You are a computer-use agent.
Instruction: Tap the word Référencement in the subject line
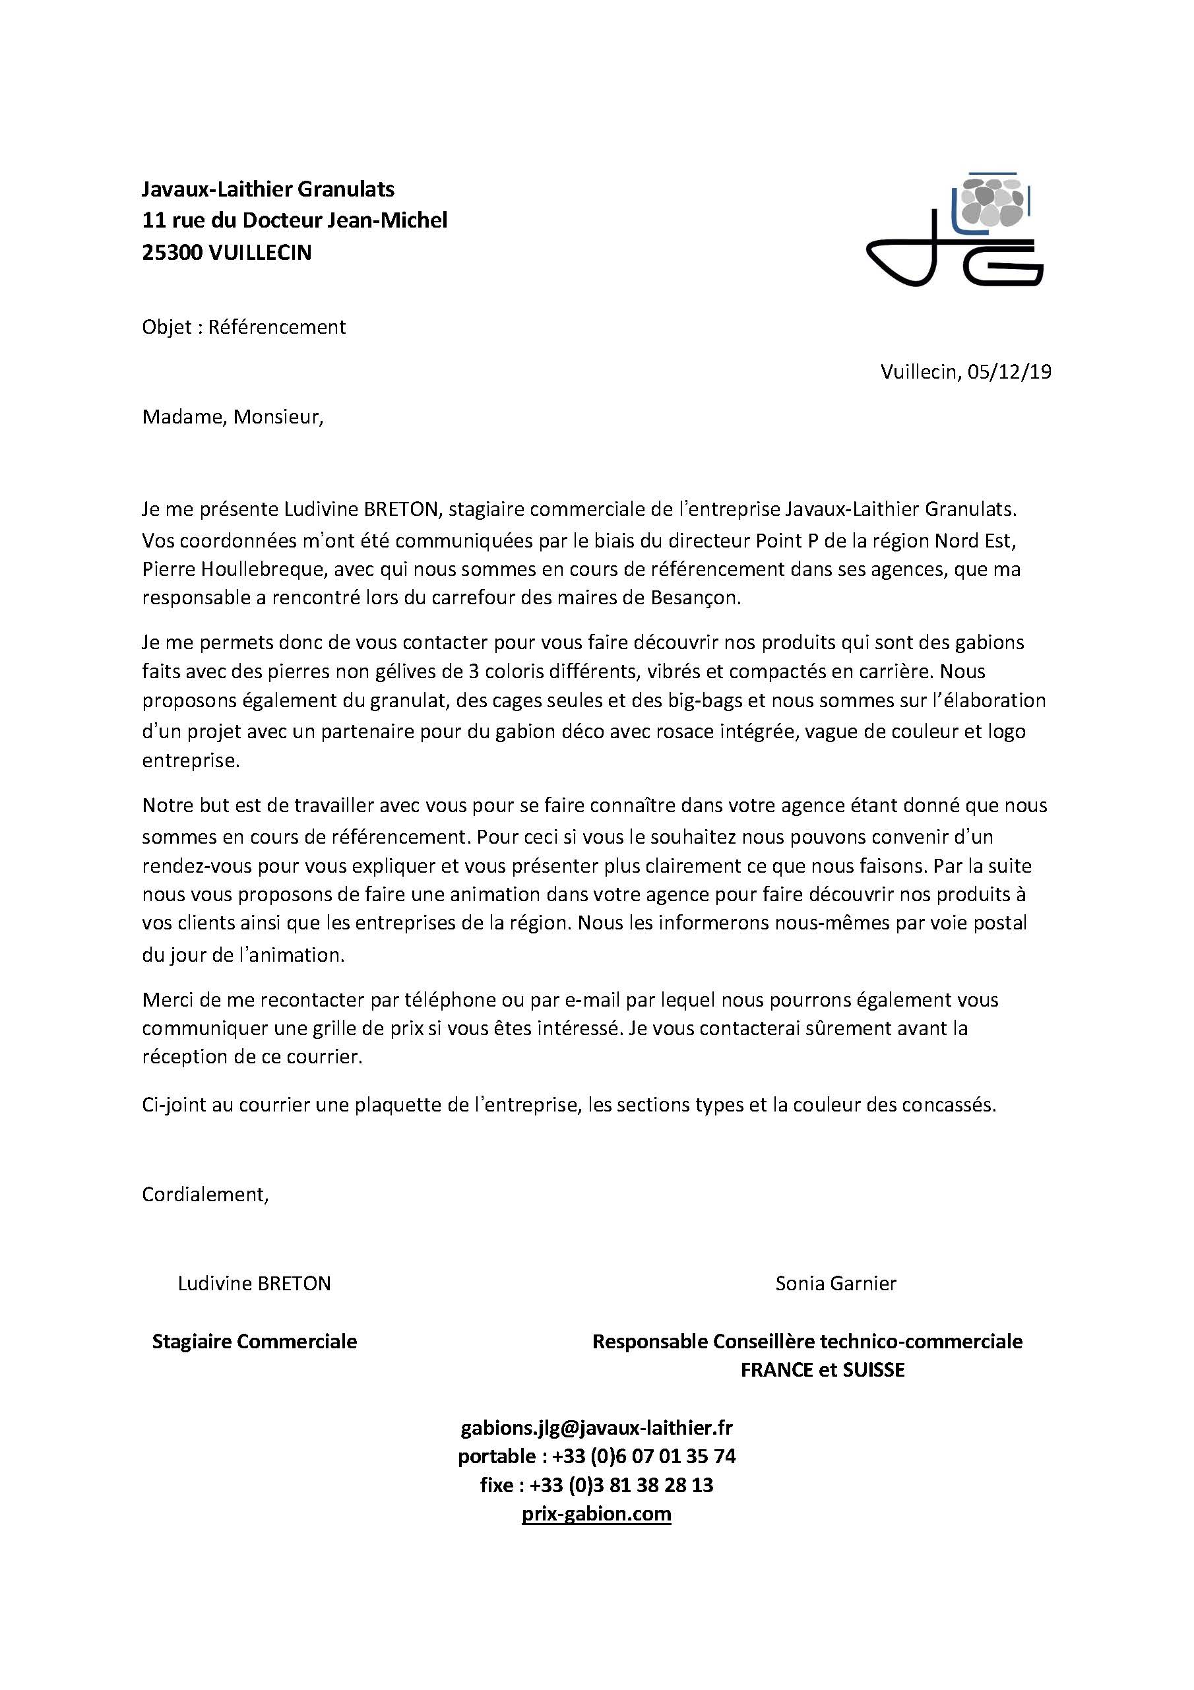pyautogui.click(x=277, y=327)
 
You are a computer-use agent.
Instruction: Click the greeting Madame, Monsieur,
pyautogui.click(x=233, y=418)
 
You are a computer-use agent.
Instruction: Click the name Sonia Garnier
pyautogui.click(x=836, y=1284)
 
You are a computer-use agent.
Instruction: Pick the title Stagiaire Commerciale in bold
pyautogui.click(x=254, y=1341)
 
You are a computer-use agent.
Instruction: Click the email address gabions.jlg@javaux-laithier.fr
pyautogui.click(x=596, y=1428)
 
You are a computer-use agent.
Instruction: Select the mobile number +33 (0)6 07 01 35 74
pyautogui.click(x=643, y=1456)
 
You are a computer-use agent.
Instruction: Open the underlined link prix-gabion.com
pyautogui.click(x=596, y=1513)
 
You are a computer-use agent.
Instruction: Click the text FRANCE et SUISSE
pyautogui.click(x=822, y=1370)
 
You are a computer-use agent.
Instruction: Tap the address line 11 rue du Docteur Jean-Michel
pyautogui.click(x=294, y=220)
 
